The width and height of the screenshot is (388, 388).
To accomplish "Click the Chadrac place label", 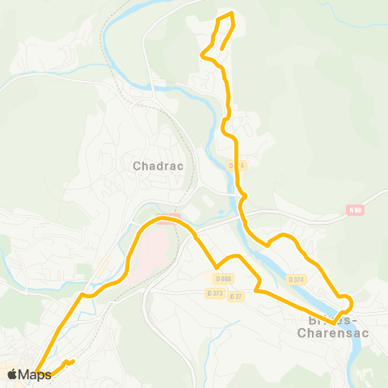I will [x=158, y=166].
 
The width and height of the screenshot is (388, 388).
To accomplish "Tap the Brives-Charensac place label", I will [x=333, y=324].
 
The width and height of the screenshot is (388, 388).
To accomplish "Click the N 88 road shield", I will [x=355, y=210].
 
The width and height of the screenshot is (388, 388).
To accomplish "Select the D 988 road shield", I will [x=219, y=279].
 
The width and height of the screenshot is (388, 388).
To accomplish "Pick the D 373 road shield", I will [x=214, y=293].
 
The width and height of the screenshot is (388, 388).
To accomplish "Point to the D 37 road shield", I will [x=236, y=297].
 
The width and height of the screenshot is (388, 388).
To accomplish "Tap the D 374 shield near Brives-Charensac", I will [x=297, y=280].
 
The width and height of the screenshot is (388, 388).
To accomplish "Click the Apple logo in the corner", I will [x=13, y=374].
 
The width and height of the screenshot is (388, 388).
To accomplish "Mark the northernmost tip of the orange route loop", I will [x=231, y=13].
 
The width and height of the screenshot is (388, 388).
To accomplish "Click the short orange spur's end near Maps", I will [x=74, y=361].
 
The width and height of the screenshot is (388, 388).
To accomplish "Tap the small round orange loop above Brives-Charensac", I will [x=346, y=303].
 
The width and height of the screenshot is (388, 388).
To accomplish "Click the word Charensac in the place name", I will [x=333, y=331].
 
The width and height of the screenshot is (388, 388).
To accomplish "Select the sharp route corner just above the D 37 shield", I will [x=256, y=289].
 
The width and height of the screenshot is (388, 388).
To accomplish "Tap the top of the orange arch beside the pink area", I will [x=167, y=217].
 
